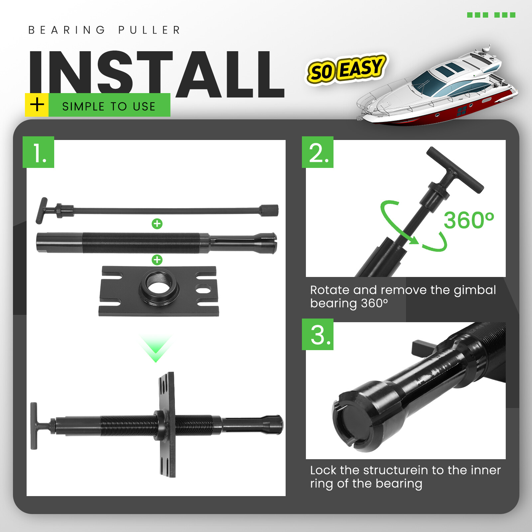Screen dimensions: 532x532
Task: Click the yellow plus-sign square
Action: tap(37, 105)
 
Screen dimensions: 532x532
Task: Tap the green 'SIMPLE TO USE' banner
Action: tap(109, 105)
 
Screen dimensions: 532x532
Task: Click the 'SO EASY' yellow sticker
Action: tap(346, 69)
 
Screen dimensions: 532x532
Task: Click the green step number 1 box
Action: tap(39, 152)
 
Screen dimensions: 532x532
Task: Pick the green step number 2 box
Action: tap(318, 152)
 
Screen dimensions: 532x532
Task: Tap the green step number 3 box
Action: tap(318, 334)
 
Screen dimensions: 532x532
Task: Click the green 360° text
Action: tap(469, 220)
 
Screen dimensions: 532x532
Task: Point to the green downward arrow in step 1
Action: tap(156, 349)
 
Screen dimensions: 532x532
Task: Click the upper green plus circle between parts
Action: tap(157, 224)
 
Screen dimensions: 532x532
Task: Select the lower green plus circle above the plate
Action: tap(157, 260)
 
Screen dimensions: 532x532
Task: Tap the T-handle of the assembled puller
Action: tap(34, 426)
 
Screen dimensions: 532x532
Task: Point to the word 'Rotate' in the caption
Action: tap(330, 290)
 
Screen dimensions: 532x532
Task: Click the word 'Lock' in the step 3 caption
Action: tap(323, 470)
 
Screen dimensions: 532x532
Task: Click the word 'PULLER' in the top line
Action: tap(149, 30)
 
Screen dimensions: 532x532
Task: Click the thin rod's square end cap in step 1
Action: tap(269, 210)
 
